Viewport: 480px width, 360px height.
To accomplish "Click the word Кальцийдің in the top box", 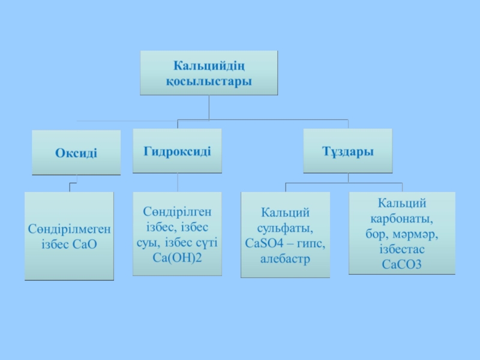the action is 209,65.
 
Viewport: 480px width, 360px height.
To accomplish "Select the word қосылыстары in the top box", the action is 209,80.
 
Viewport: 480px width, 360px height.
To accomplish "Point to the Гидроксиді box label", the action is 177,150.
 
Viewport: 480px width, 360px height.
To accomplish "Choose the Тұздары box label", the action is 347,151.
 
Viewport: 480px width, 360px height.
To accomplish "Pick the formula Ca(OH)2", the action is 178,257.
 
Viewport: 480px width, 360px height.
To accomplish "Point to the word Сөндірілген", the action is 178,212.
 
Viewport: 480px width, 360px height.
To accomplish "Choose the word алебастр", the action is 285,259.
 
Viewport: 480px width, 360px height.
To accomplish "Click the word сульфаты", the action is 285,228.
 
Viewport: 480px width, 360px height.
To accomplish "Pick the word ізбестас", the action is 401,248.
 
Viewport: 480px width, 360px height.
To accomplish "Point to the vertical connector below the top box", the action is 209,107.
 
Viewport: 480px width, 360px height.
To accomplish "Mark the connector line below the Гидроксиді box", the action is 178,182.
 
